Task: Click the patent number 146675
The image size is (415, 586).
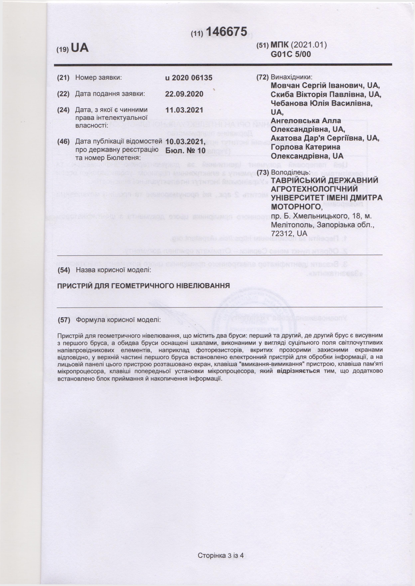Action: tap(226, 32)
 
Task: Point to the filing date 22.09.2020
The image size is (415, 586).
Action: tap(184, 94)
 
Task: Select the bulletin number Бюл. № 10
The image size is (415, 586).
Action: tap(185, 150)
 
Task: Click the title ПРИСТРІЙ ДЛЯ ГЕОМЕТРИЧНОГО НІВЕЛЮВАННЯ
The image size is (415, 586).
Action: tap(143, 286)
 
